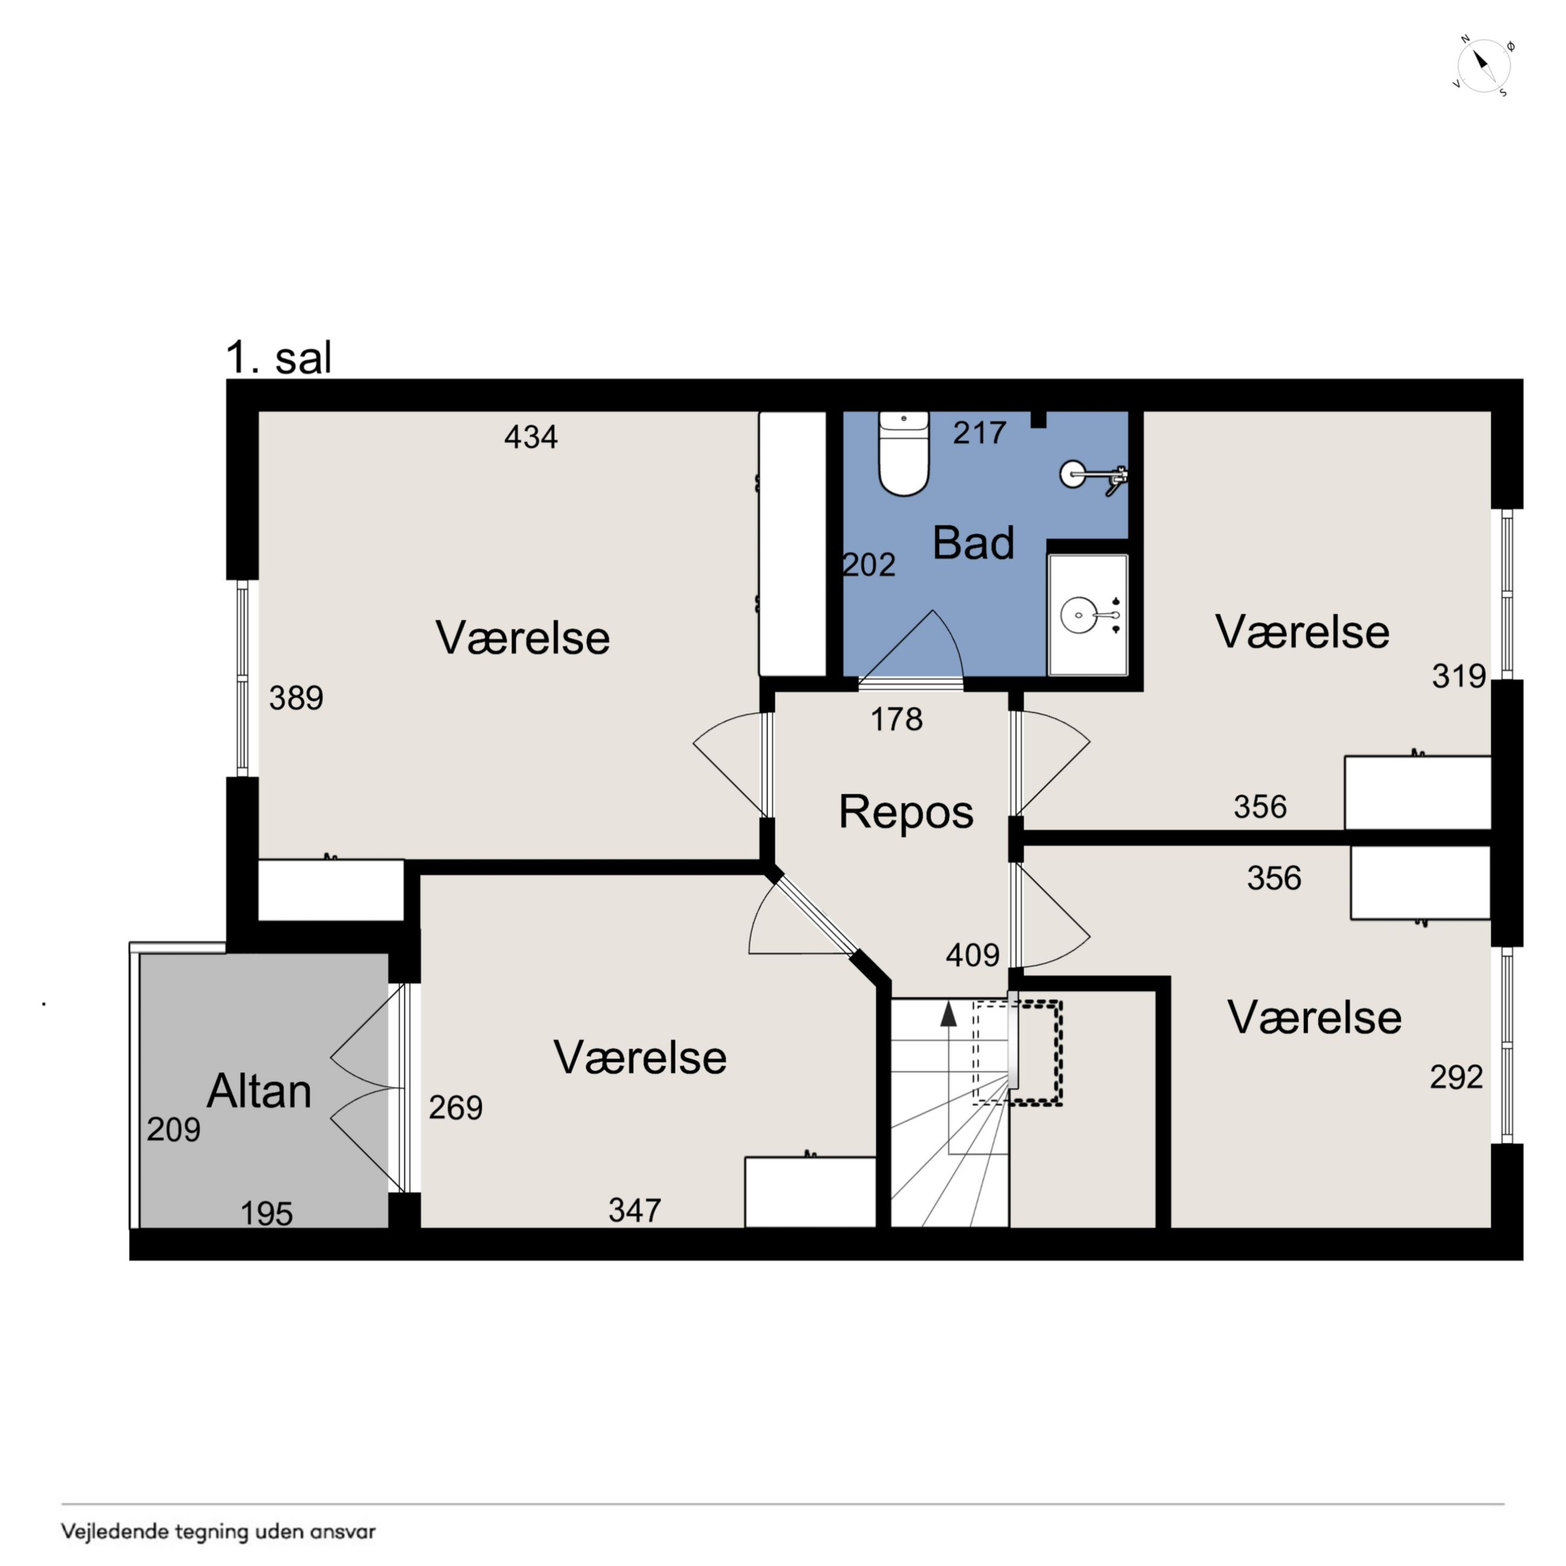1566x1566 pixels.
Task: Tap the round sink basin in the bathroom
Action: [x=1078, y=614]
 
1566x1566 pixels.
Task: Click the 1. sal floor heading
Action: [x=278, y=357]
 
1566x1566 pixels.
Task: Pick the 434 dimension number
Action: [x=531, y=437]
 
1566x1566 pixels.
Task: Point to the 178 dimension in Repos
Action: [x=896, y=719]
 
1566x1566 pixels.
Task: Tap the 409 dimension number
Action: [x=973, y=955]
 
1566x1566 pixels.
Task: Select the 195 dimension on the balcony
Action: [x=267, y=1214]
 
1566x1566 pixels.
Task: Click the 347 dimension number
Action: [x=635, y=1210]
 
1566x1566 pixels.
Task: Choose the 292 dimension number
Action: [x=1456, y=1076]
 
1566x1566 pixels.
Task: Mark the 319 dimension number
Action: [x=1459, y=676]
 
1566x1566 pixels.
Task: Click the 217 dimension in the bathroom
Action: [x=979, y=433]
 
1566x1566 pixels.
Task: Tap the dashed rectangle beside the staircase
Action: [x=1018, y=1053]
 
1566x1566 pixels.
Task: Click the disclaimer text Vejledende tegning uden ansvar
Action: [x=218, y=1531]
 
